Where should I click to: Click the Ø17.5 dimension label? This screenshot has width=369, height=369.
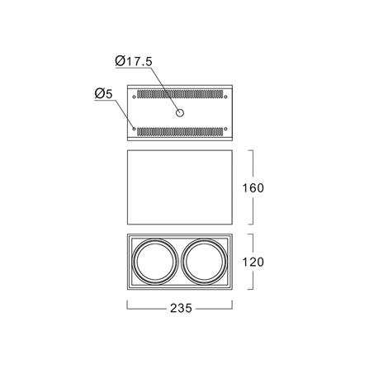click(x=134, y=61)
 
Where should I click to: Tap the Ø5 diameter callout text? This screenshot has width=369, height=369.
click(x=103, y=94)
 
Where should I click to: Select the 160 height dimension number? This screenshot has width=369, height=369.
click(x=253, y=188)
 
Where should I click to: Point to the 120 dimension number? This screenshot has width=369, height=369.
click(x=253, y=262)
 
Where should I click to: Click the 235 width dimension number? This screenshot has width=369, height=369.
click(x=181, y=308)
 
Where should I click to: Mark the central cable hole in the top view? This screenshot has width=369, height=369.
click(x=180, y=113)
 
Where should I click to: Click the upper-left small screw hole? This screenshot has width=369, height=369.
click(x=135, y=97)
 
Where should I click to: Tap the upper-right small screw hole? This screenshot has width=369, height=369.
click(x=225, y=97)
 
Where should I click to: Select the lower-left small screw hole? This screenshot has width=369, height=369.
click(x=135, y=129)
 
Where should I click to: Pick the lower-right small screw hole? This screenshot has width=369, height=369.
click(x=225, y=129)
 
